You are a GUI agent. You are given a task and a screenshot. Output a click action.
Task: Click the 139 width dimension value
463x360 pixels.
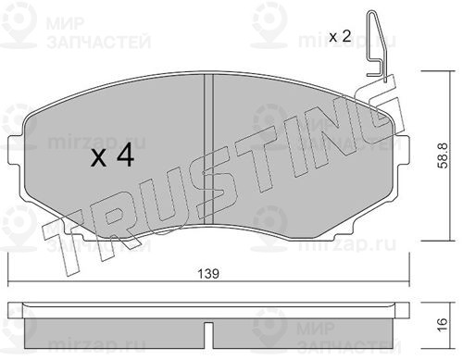click(208, 273)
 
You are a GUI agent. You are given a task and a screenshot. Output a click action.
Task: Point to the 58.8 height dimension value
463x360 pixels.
click(443, 155)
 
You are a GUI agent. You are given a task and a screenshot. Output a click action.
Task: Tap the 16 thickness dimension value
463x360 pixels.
click(443, 325)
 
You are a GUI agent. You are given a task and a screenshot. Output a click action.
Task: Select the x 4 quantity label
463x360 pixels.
click(112, 155)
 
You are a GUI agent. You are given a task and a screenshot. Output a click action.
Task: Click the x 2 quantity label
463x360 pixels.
click(340, 37)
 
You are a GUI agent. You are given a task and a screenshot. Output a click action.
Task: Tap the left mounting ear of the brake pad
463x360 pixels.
click(14, 150)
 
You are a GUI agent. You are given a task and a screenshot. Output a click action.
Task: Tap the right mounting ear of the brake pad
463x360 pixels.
click(402, 150)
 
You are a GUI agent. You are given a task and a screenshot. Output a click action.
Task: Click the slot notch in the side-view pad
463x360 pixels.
click(208, 335)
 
